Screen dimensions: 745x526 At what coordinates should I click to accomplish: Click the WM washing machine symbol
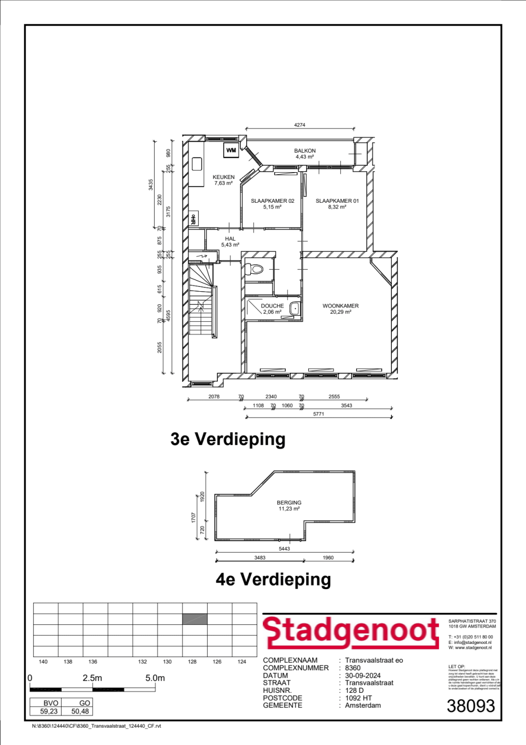(x=231, y=151)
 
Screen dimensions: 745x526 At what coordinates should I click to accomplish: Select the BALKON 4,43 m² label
(x=305, y=154)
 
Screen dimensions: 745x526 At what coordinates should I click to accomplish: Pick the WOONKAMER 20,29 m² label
(x=340, y=309)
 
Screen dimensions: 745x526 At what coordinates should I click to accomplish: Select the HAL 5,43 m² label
(x=230, y=242)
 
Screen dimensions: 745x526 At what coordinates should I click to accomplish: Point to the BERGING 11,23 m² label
(x=289, y=505)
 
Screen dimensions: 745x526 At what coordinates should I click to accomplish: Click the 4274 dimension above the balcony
(x=299, y=125)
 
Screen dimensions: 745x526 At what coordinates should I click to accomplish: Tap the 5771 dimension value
(x=318, y=414)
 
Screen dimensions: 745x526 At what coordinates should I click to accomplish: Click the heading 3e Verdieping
(x=228, y=439)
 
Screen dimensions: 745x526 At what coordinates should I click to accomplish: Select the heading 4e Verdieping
(x=273, y=579)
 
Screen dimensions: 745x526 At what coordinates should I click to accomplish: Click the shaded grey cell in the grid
(x=195, y=619)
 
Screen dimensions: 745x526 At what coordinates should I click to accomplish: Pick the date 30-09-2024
(x=362, y=676)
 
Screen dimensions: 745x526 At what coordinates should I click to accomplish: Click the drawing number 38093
(x=471, y=706)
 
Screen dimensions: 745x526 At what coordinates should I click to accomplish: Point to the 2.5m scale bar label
(x=92, y=678)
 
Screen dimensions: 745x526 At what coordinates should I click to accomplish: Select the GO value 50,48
(x=80, y=711)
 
